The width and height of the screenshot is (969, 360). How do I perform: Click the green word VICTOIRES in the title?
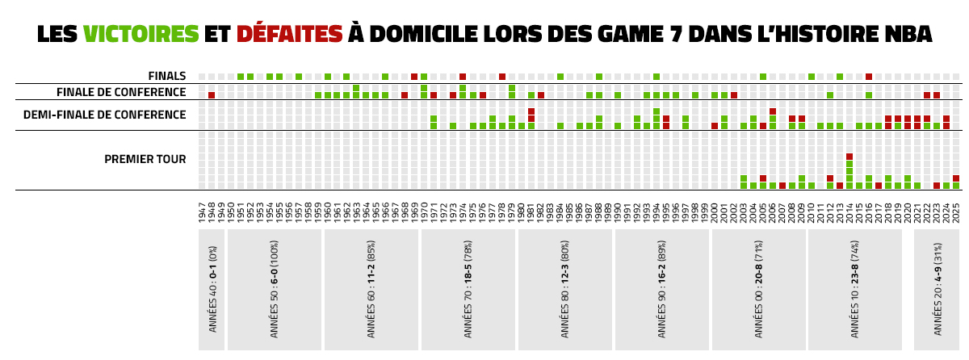(141, 34)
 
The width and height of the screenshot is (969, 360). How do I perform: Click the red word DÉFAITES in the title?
(289, 34)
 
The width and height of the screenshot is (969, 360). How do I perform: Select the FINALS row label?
(166, 77)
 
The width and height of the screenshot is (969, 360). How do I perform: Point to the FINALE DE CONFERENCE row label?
(121, 93)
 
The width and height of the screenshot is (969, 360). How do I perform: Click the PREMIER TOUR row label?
(145, 159)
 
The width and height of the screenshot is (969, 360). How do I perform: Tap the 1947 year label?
(202, 215)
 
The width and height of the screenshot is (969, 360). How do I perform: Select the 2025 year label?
(956, 215)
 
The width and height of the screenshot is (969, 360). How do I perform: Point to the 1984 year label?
(560, 215)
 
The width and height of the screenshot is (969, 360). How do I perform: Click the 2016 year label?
(869, 215)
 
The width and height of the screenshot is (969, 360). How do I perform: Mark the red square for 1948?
(212, 95)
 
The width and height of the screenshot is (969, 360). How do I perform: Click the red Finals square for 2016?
(869, 77)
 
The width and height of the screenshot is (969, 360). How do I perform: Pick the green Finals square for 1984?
(560, 77)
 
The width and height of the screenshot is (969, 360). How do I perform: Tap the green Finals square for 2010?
(812, 77)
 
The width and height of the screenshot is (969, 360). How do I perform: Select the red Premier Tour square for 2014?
(849, 157)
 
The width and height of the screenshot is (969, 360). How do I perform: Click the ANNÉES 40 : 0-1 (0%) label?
(212, 291)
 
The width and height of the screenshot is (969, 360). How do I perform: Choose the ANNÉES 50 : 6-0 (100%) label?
(275, 291)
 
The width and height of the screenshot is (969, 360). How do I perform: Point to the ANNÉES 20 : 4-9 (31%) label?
(938, 291)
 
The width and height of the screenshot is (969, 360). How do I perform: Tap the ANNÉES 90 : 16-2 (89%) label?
(662, 291)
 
